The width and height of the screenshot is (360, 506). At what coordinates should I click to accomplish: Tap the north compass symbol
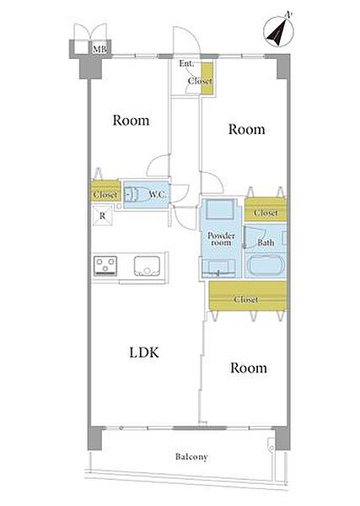coord(279,31)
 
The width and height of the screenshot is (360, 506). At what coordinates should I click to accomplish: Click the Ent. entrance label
coord(186,63)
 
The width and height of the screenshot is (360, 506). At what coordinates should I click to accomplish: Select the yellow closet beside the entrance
coord(207,78)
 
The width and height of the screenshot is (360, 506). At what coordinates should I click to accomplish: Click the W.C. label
coord(158,195)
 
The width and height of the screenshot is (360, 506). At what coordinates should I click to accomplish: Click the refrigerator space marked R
coord(103,216)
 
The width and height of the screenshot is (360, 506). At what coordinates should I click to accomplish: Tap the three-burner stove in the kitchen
coord(105,266)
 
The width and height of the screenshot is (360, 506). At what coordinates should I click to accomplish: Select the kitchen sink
coord(147,266)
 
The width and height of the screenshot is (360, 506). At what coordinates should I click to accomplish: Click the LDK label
coord(144,353)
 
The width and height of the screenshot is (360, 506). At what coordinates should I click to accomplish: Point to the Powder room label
coord(221,240)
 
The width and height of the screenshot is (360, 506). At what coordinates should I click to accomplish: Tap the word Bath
coord(266,242)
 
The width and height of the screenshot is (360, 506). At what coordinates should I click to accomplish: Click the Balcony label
coord(191,457)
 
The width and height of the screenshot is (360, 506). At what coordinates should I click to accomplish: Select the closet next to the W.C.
coord(105,191)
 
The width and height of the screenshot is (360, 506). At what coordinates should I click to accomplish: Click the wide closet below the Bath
coord(248,296)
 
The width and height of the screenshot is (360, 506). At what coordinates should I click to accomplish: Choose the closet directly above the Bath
coord(266,209)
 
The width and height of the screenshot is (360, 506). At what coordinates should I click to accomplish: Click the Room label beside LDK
coord(249,368)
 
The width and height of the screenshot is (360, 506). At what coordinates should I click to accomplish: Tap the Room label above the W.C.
coord(131,121)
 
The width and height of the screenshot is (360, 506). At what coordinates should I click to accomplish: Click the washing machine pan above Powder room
coord(219,209)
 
